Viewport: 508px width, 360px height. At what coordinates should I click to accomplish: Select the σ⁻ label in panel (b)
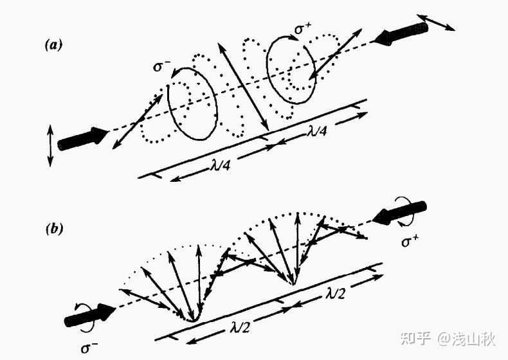tap(90, 349)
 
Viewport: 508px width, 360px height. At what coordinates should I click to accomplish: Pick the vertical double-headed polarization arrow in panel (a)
tap(50, 146)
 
